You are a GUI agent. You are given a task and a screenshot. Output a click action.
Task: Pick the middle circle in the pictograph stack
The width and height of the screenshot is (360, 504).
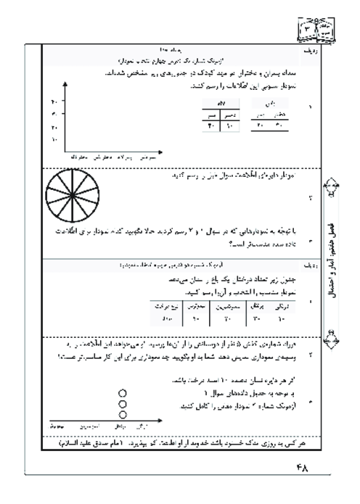click(x=122, y=403)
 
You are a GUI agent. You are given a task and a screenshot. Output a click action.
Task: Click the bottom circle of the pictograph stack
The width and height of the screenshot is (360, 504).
click(x=122, y=414)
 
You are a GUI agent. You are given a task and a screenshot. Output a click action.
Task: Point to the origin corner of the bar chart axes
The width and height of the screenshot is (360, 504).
click(x=66, y=149)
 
